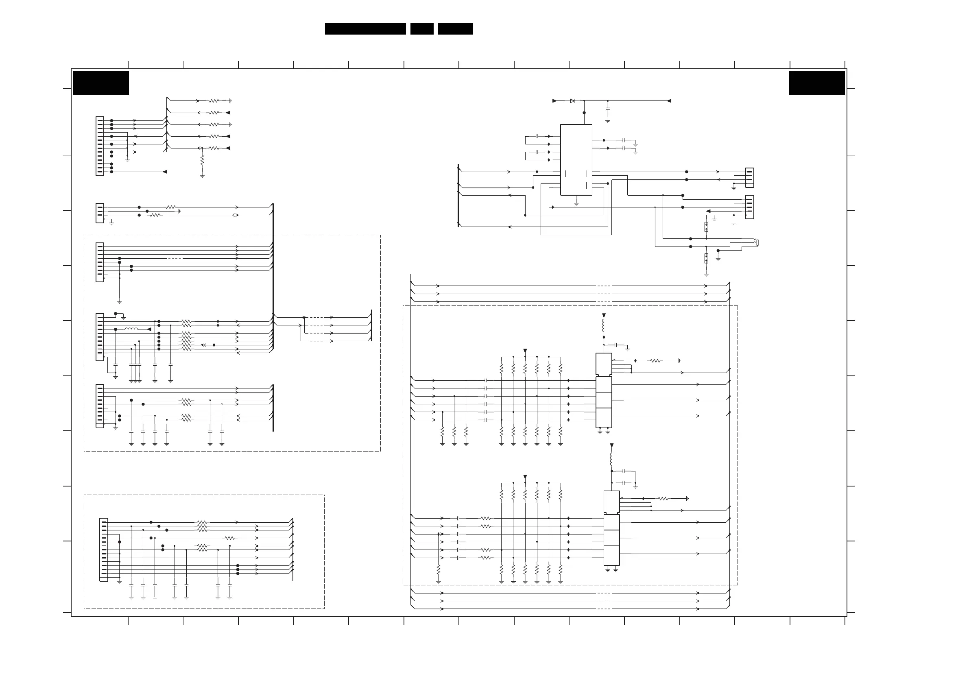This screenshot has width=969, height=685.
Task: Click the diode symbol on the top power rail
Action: [572, 101]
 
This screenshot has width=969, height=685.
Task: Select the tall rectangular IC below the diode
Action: [576, 159]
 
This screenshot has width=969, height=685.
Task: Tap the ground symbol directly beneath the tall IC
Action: [576, 203]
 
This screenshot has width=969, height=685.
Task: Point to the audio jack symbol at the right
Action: [756, 242]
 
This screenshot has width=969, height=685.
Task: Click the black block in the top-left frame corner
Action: [101, 83]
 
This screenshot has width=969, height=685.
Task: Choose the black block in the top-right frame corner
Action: [816, 83]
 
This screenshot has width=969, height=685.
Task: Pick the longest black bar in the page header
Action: [365, 29]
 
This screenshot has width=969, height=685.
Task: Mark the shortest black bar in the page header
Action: [421, 29]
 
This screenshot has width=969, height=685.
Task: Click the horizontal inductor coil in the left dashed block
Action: [131, 329]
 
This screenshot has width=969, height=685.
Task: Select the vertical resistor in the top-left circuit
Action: [202, 160]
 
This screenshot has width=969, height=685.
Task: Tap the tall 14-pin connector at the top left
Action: [100, 146]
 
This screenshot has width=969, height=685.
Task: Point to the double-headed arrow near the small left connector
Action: [236, 215]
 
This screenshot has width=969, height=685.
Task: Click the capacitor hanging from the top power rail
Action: [608, 109]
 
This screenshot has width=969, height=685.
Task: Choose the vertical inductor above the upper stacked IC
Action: [604, 326]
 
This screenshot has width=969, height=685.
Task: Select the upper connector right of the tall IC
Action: [750, 178]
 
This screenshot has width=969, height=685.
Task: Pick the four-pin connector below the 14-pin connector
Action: [100, 213]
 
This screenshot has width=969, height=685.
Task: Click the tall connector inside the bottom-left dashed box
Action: [103, 550]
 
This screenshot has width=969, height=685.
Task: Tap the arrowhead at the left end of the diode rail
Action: [554, 101]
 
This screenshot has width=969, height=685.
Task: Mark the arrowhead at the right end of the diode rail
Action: [668, 101]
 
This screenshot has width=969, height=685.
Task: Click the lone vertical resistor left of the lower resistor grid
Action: [439, 569]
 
